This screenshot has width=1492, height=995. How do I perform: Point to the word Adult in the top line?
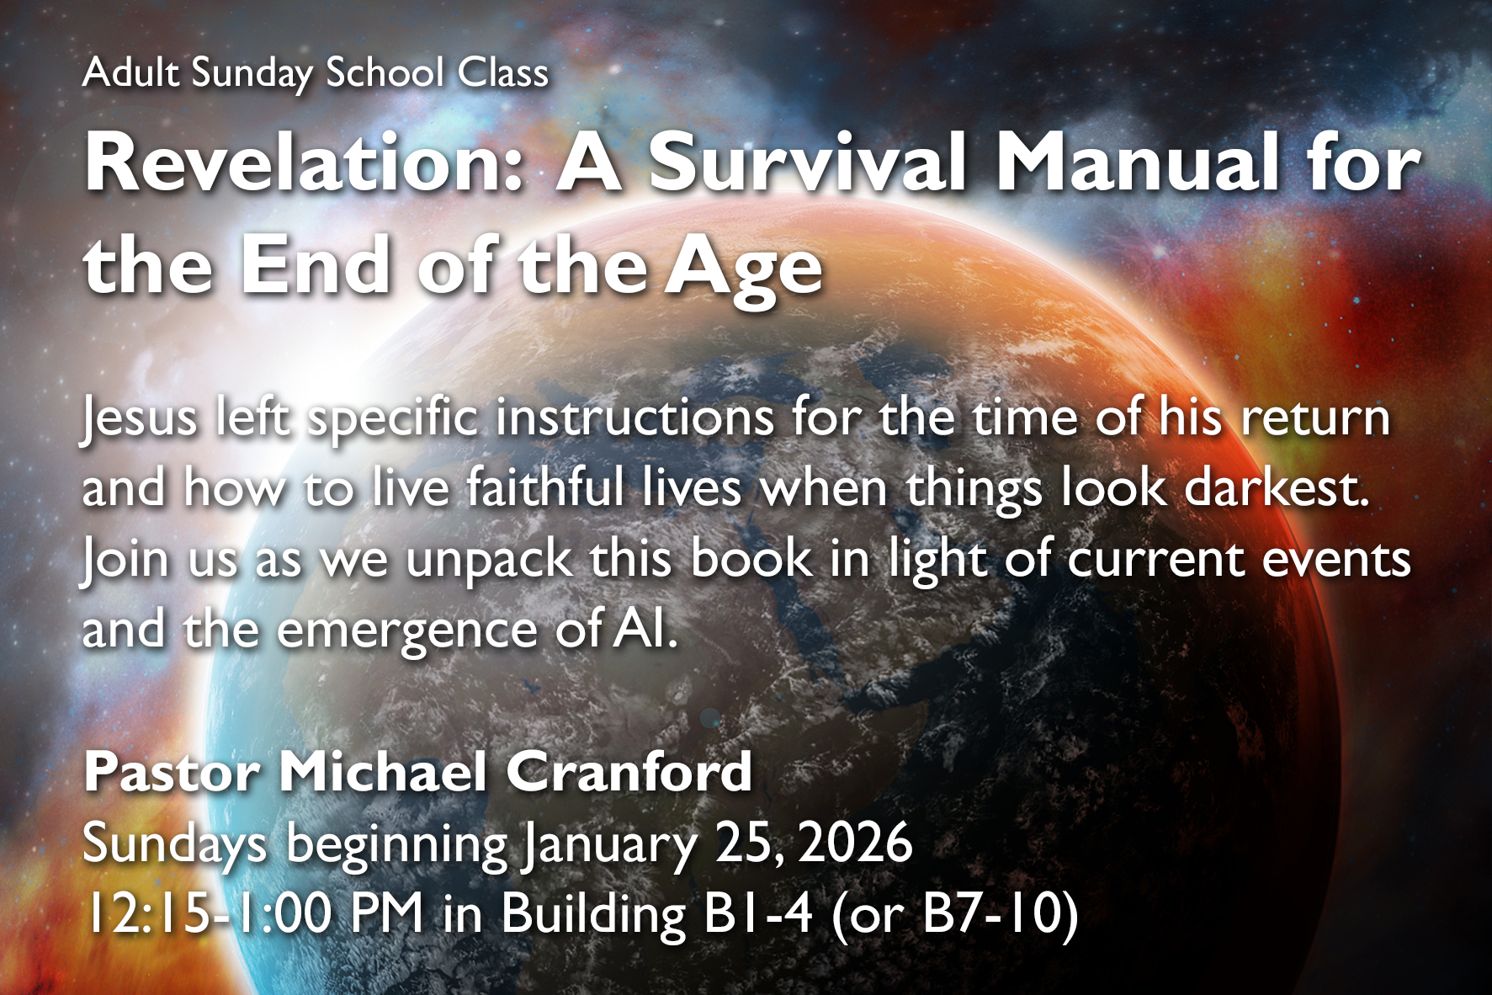click(130, 72)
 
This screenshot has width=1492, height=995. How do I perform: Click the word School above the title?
click(385, 72)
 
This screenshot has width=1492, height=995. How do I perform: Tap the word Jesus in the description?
click(139, 418)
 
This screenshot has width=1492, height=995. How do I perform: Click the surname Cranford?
click(629, 771)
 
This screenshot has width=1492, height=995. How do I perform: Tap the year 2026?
click(855, 843)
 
